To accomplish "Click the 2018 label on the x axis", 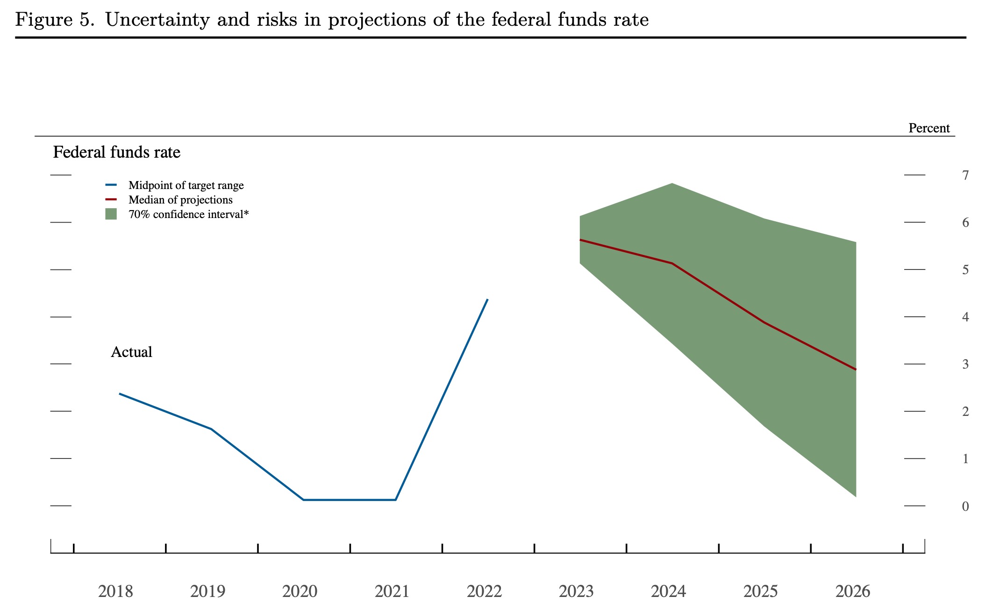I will pyautogui.click(x=115, y=591).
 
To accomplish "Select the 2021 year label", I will pyautogui.click(x=392, y=591).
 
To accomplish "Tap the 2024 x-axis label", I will pyautogui.click(x=668, y=591).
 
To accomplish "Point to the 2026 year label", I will pyautogui.click(x=853, y=591).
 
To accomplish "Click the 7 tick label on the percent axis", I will pyautogui.click(x=965, y=175).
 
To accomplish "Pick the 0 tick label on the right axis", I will pyautogui.click(x=965, y=506).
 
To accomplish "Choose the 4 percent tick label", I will pyautogui.click(x=965, y=317).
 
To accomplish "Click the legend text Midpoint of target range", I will pyautogui.click(x=186, y=185).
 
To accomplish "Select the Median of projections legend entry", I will pyautogui.click(x=180, y=200).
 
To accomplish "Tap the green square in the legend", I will pyautogui.click(x=111, y=214).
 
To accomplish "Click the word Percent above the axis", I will pyautogui.click(x=929, y=128).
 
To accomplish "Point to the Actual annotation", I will pyautogui.click(x=131, y=352).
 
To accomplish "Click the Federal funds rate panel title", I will pyautogui.click(x=116, y=152).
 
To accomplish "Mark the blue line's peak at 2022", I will pyautogui.click(x=487, y=299).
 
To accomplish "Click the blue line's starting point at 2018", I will pyautogui.click(x=120, y=394).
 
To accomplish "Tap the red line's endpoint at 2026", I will pyautogui.click(x=856, y=370).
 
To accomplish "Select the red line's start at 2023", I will pyautogui.click(x=580, y=240).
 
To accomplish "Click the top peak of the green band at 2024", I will pyautogui.click(x=672, y=183).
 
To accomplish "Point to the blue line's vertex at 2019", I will pyautogui.click(x=211, y=429).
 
